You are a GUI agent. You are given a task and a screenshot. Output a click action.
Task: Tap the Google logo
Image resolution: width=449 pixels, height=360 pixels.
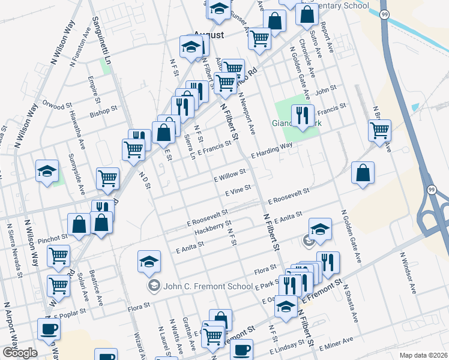coord(20,353)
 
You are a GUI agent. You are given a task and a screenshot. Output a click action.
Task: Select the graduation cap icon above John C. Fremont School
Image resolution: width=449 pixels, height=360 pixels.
coord(149,262)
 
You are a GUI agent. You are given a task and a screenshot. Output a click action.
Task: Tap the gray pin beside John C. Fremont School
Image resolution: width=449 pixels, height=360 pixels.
coord(154,285)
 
